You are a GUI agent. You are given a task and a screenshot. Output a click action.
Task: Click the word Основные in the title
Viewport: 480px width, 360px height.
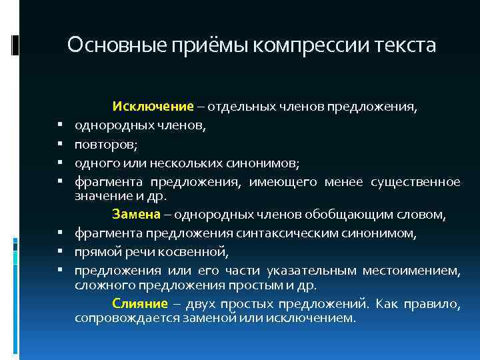107,46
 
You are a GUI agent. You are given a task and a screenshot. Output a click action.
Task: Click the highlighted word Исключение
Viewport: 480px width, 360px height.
153,107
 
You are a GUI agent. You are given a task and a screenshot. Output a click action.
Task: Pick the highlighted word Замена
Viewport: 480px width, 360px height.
136,215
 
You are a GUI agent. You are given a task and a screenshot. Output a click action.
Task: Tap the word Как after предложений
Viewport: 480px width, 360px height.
387,304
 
